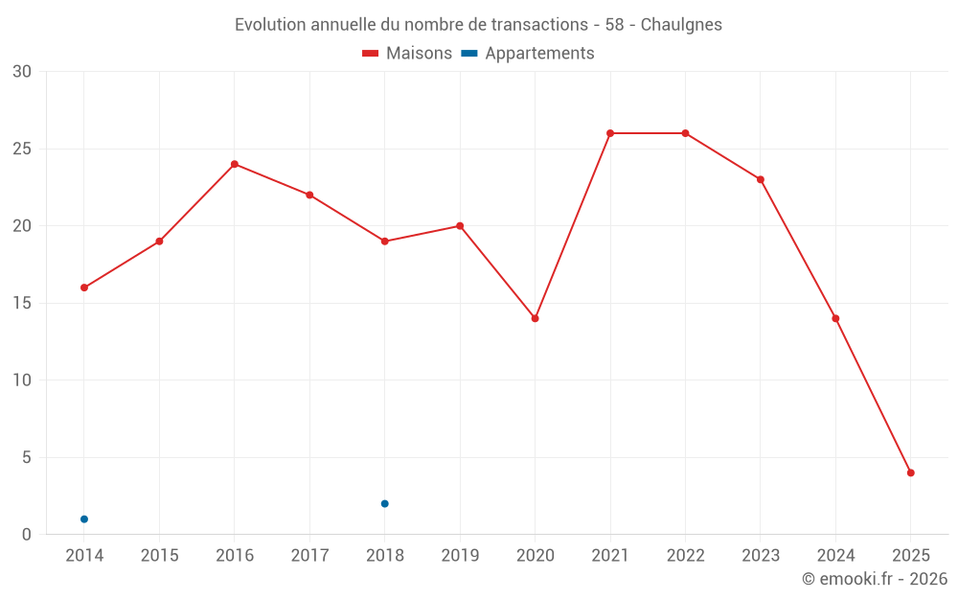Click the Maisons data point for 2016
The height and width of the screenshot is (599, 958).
pyautogui.click(x=235, y=164)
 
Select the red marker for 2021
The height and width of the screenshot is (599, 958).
pyautogui.click(x=610, y=133)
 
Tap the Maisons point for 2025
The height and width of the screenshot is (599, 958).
pyautogui.click(x=910, y=472)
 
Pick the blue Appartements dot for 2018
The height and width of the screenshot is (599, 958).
pyautogui.click(x=384, y=503)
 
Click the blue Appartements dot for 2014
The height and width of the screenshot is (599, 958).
pyautogui.click(x=84, y=518)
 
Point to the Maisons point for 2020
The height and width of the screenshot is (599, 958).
pyautogui.click(x=535, y=318)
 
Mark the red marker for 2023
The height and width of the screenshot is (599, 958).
pyautogui.click(x=761, y=179)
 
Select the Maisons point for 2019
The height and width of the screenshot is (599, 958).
pyautogui.click(x=460, y=226)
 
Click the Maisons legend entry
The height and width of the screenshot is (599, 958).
pyautogui.click(x=407, y=54)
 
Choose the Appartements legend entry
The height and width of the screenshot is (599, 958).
pyautogui.click(x=528, y=54)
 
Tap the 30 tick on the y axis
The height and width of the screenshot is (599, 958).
pyautogui.click(x=22, y=72)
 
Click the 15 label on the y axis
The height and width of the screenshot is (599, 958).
pyautogui.click(x=22, y=303)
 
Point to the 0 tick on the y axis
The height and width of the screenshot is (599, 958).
pyautogui.click(x=27, y=534)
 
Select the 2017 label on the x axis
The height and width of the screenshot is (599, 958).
pyautogui.click(x=309, y=556)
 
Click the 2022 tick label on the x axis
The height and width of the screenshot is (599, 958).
pyautogui.click(x=685, y=556)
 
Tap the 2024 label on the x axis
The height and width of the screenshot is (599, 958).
pyautogui.click(x=835, y=556)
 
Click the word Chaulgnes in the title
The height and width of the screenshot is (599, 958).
pyautogui.click(x=681, y=24)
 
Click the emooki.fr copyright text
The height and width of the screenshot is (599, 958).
pyautogui.click(x=875, y=579)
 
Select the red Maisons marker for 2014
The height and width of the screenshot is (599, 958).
pyautogui.click(x=84, y=288)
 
